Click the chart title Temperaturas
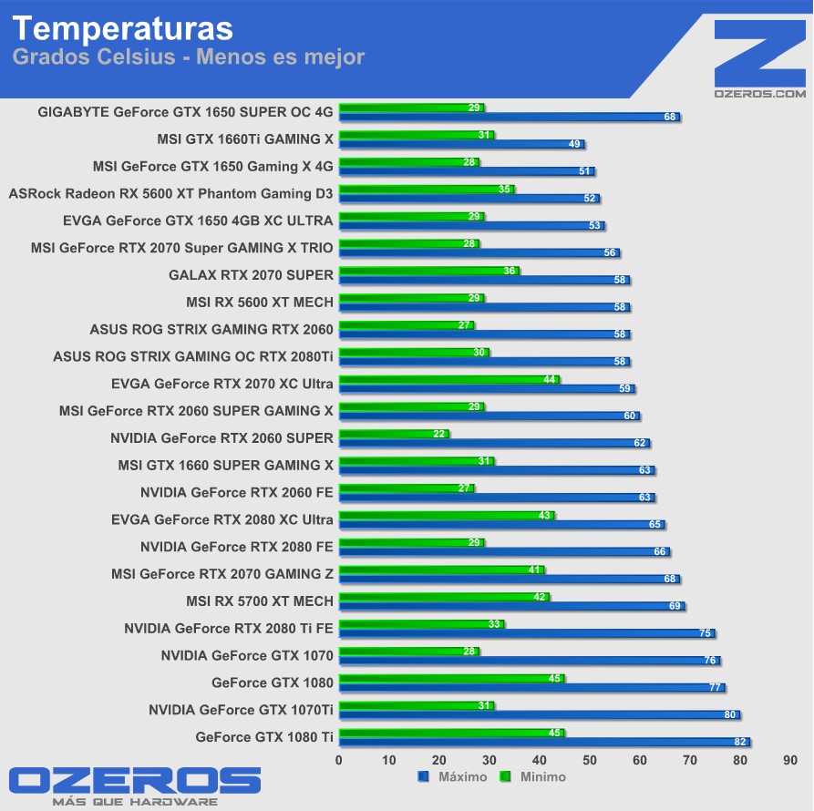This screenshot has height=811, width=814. coord(123,27)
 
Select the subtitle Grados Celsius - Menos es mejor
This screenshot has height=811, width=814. coord(189,57)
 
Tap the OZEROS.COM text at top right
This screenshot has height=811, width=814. coord(760,93)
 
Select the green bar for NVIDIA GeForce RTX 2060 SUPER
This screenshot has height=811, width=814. coord(392,434)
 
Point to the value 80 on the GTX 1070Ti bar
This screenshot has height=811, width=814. coord(730,715)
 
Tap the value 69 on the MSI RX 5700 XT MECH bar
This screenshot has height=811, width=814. coord(675,606)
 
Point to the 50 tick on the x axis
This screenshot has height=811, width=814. coord(590,760)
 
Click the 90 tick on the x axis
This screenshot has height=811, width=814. coord(790,760)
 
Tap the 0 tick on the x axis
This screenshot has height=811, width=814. coord(339,760)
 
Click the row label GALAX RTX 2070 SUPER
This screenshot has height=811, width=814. coord(251,274)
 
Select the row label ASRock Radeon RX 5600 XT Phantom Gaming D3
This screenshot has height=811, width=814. coord(170,193)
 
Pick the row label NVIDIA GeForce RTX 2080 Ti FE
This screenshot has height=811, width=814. coord(229,628)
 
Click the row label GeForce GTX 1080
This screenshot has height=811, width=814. coord(273,683)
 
